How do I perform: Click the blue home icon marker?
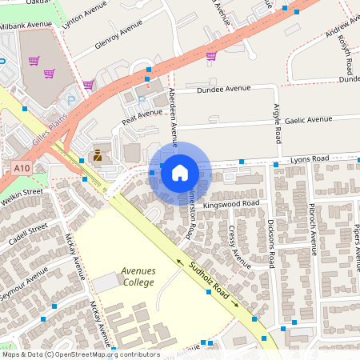180,172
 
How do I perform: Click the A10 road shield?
22,168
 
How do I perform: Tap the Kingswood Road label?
231,205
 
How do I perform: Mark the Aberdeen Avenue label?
173,112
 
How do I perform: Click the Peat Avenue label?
142,116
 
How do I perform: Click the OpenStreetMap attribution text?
80,354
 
